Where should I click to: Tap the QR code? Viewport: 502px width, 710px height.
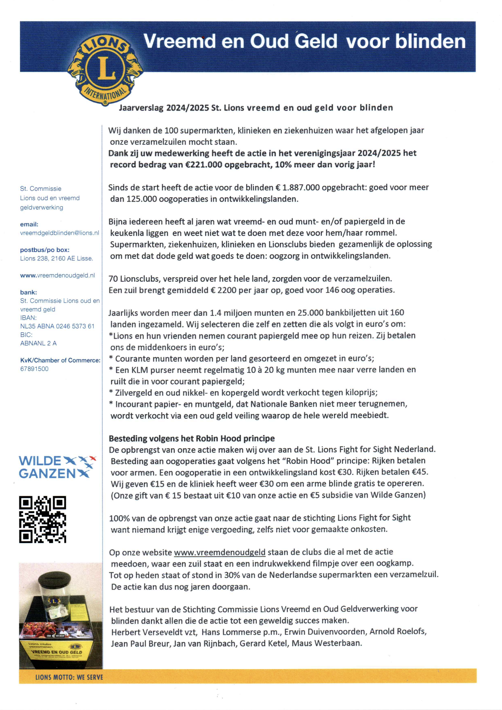click(x=42, y=519)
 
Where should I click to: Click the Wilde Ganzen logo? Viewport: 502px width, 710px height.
click(x=57, y=467)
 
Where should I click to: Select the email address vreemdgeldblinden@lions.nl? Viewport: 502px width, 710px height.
click(x=60, y=233)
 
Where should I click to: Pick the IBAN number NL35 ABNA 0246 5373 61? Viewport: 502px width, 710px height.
click(x=57, y=326)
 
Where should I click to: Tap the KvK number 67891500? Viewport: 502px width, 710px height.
click(x=34, y=369)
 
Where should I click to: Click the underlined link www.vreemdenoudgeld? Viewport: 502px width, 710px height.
click(x=220, y=552)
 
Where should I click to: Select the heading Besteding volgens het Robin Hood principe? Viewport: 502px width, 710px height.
click(x=192, y=439)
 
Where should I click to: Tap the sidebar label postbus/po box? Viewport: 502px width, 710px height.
click(x=45, y=250)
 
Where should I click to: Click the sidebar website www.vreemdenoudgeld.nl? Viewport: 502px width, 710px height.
click(x=58, y=275)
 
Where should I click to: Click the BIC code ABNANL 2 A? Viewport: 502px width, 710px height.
click(x=38, y=343)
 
